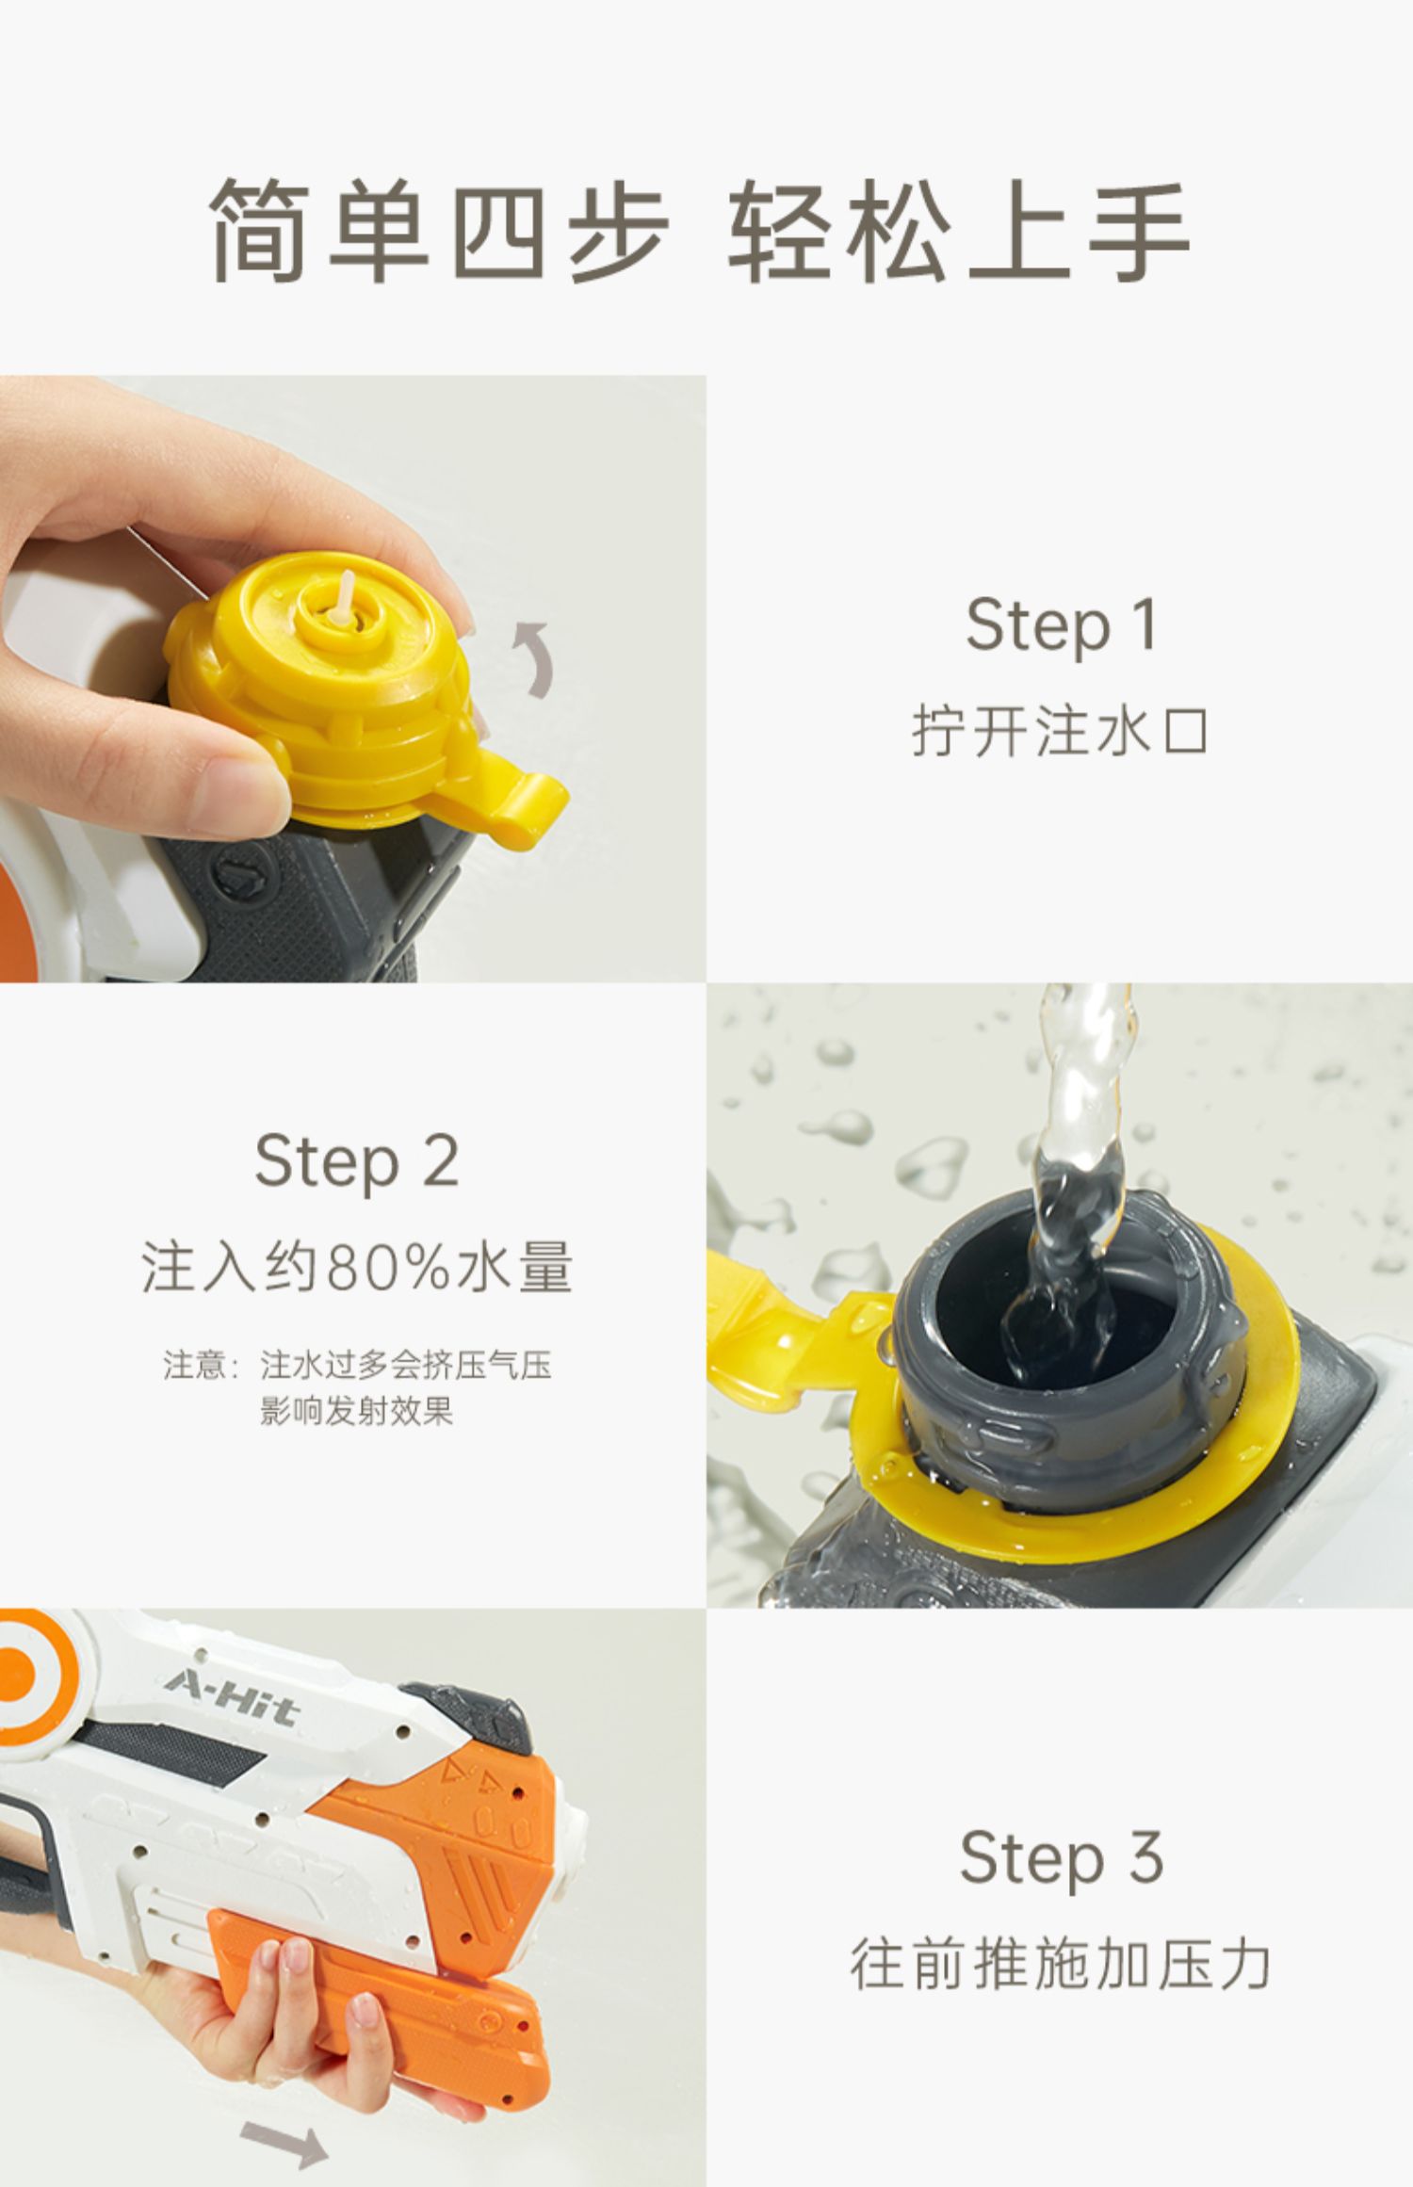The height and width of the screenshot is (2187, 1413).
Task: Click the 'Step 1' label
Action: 1062,624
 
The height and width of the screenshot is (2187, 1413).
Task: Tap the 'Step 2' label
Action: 357,1160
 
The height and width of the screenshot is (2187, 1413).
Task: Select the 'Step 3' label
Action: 1062,1857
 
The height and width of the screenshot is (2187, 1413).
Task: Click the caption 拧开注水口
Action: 1061,731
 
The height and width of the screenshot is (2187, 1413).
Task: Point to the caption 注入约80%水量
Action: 357,1267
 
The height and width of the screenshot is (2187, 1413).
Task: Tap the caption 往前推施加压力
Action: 1061,1965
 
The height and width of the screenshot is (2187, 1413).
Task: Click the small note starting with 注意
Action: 357,1386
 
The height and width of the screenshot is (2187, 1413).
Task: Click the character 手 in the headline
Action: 1139,230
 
